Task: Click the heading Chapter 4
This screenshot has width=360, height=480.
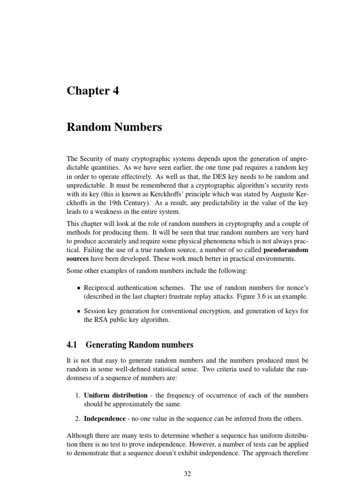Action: pos(93,90)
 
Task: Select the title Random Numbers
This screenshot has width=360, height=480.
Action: pos(115,127)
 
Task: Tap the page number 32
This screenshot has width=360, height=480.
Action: pos(187,474)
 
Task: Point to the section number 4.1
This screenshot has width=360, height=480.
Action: pos(72,345)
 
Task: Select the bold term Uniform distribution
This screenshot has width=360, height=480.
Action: pos(116,395)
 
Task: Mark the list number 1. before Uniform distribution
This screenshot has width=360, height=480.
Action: pos(78,395)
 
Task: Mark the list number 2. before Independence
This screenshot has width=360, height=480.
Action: pos(78,418)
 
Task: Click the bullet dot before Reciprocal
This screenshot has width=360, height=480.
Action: pos(78,288)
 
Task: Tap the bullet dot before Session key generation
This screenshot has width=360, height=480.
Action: pos(78,311)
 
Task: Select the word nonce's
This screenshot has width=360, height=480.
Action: pos(296,288)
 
